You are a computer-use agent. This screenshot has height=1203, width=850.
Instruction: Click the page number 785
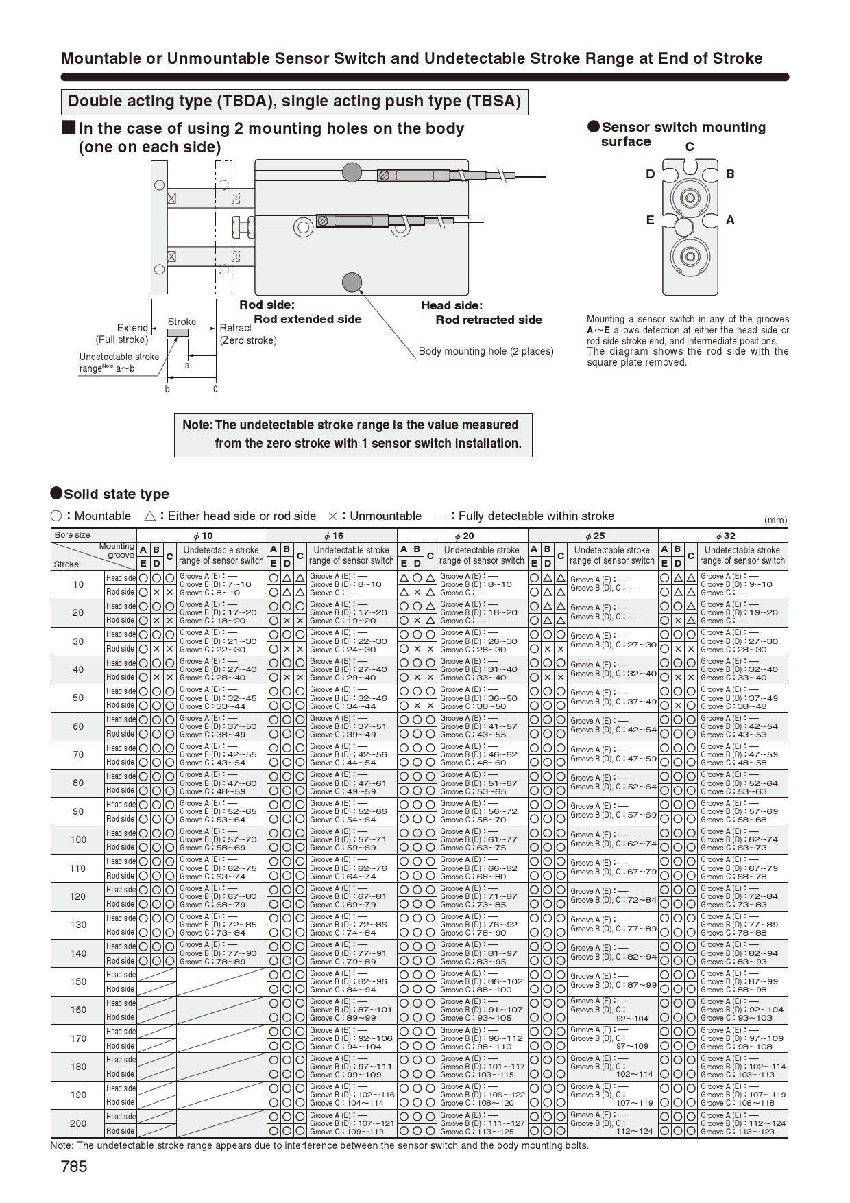74,1167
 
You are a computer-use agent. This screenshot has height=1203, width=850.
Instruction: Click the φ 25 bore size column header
593,536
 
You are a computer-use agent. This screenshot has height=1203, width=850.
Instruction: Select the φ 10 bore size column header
202,536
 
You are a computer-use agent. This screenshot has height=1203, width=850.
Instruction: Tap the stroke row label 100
78,839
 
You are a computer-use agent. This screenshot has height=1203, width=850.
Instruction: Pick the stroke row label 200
78,1123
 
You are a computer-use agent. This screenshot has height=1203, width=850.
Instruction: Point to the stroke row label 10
78,584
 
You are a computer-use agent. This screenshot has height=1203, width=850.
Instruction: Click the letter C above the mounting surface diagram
690,147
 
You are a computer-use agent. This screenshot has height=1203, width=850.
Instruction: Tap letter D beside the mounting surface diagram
650,174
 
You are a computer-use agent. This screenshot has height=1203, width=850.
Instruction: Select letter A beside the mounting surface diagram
730,220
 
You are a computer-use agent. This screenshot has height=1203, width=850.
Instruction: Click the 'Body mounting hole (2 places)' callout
486,351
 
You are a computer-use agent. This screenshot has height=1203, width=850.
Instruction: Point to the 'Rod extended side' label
307,319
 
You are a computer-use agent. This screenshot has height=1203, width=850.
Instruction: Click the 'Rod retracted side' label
489,320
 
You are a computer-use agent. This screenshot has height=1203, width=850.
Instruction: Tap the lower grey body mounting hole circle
352,281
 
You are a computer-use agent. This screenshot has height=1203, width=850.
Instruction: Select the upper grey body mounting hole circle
352,171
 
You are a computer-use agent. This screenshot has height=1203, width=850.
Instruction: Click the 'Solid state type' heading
116,494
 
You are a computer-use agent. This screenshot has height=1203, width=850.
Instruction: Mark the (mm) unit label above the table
775,520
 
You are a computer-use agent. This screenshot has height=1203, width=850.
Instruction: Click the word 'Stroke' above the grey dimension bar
182,322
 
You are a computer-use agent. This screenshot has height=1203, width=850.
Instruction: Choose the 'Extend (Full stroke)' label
122,333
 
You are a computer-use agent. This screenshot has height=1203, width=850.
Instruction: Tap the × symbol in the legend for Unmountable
332,516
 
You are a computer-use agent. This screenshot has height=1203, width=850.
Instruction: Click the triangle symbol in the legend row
150,516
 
